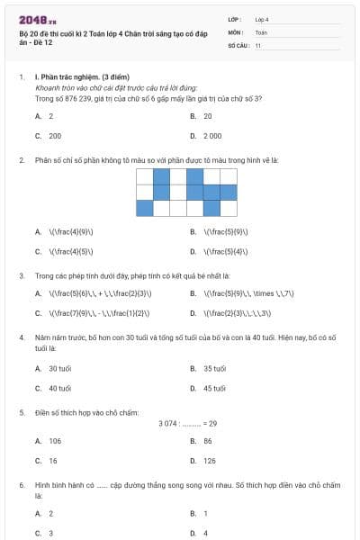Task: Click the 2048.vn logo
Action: [x=37, y=19]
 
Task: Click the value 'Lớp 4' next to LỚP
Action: [x=262, y=19]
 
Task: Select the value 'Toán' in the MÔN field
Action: [x=261, y=31]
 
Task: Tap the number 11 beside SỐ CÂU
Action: [x=258, y=45]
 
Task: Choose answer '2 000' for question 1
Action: [x=212, y=135]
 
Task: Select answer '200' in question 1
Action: [x=55, y=135]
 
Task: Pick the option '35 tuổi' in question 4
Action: [x=214, y=369]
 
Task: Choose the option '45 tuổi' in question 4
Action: [x=214, y=389]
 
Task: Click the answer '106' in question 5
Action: [x=55, y=441]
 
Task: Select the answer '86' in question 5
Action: [x=208, y=441]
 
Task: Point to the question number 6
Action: [x=21, y=484]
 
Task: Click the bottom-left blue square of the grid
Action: [x=145, y=208]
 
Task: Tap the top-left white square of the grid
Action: [x=145, y=175]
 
